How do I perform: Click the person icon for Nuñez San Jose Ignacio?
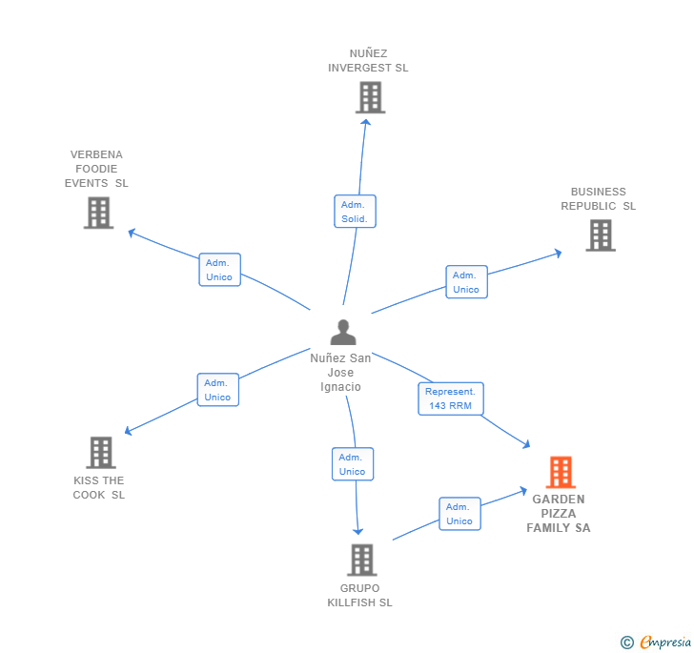343,332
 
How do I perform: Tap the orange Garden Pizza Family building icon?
561,472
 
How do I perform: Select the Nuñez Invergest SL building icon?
371,97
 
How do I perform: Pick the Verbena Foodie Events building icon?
99,213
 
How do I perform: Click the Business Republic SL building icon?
601,235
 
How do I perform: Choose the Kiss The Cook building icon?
101,453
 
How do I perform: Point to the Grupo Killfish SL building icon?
362,560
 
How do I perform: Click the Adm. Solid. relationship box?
355,212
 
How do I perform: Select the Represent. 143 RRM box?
451,398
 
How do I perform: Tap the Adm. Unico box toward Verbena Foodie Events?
219,270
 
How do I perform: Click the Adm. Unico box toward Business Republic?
466,282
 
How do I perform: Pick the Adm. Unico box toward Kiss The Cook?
217,390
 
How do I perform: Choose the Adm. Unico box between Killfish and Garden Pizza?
459,514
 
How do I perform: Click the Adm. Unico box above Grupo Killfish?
353,464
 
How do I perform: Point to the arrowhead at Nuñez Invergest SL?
366,122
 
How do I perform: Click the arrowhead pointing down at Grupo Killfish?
357,531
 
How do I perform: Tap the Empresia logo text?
665,642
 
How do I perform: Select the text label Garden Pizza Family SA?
559,514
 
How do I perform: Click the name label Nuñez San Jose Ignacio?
340,373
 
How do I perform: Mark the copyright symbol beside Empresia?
627,642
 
